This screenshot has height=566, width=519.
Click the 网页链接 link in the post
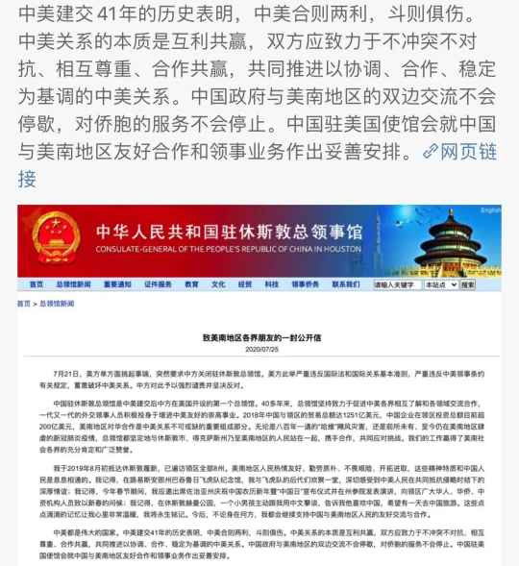tap(471, 151)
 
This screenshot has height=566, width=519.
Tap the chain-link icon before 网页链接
tap(430, 152)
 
